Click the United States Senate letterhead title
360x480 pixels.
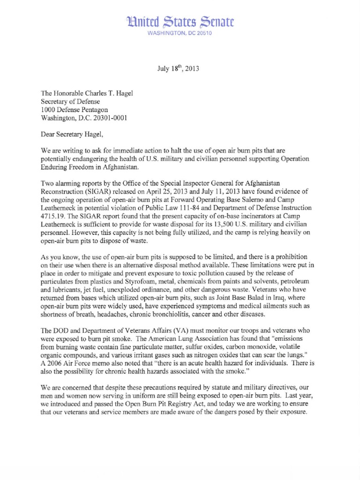point(180,22)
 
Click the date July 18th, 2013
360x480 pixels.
point(179,68)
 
